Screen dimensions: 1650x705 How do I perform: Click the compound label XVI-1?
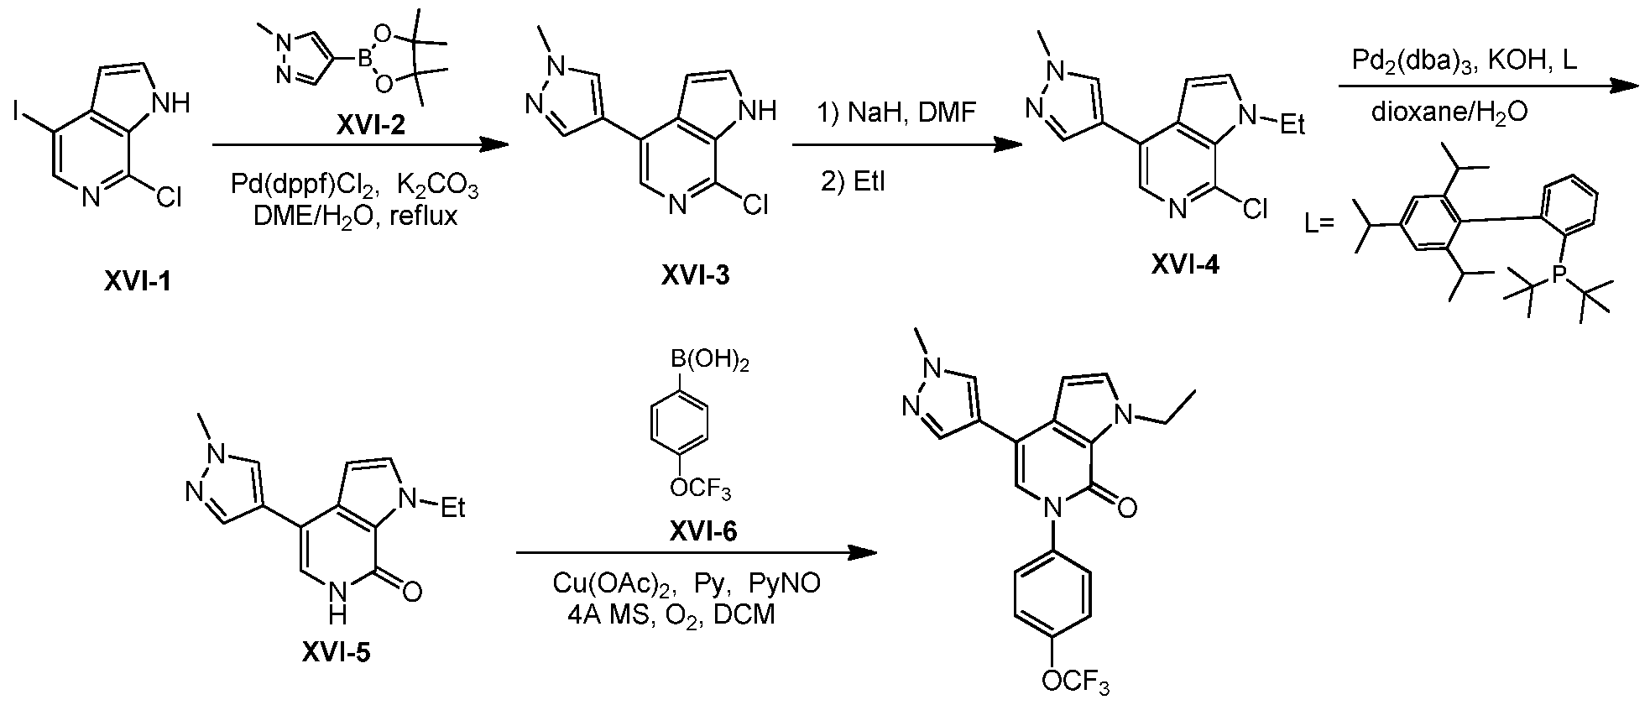(x=138, y=281)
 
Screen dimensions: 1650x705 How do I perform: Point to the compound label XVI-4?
(x=1185, y=264)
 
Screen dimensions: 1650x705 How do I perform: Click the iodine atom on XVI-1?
(x=18, y=108)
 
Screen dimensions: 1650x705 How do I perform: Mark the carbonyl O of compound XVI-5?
(x=410, y=592)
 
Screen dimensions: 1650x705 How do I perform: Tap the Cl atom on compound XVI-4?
(x=1256, y=209)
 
